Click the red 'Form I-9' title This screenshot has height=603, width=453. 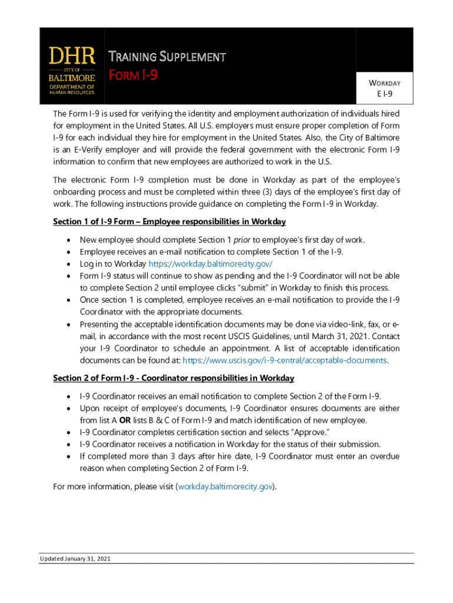tap(134, 75)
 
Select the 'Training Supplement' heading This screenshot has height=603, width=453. tap(168, 57)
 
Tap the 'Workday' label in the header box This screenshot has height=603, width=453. tap(385, 83)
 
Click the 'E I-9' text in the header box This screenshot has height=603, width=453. tap(385, 94)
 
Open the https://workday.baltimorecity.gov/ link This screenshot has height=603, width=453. tap(211, 264)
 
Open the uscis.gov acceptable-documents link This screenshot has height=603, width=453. tap(285, 360)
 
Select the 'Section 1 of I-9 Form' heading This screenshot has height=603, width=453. tap(169, 221)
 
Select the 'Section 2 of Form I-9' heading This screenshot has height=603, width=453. tap(174, 377)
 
